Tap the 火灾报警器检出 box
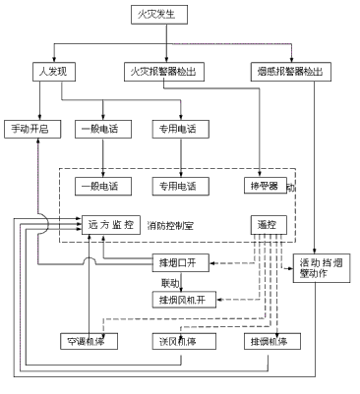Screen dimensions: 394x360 point(165,71)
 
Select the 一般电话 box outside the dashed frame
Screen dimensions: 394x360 point(102,128)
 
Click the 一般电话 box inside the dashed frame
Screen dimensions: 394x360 point(102,185)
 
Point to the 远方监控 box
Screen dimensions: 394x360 point(109,223)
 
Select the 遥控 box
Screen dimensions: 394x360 point(266,224)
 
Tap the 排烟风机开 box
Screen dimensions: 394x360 point(183,299)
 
